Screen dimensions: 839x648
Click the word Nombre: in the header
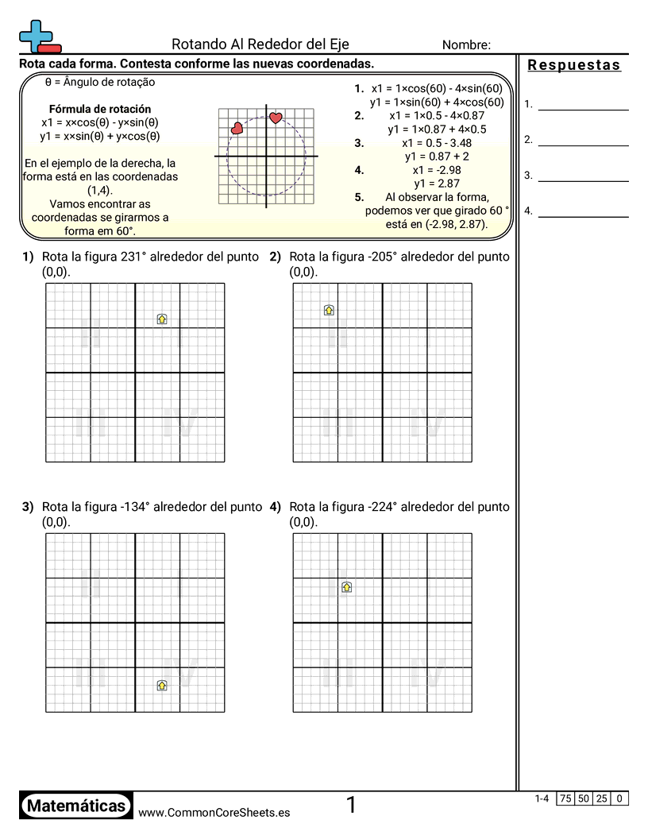(466, 45)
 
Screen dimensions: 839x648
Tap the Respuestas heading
(574, 65)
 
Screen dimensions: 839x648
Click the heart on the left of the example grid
(237, 128)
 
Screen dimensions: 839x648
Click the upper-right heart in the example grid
(276, 118)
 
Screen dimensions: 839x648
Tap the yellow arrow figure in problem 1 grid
(162, 319)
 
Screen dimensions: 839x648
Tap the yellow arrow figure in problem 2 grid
(329, 310)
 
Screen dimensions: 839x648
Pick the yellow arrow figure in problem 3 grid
(162, 685)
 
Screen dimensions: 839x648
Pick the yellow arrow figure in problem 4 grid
(346, 587)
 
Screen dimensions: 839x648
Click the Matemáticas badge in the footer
(76, 806)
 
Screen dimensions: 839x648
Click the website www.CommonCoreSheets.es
(214, 812)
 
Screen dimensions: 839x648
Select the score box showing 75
(565, 798)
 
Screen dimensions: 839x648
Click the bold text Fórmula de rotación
(100, 109)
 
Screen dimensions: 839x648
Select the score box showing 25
(603, 798)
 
